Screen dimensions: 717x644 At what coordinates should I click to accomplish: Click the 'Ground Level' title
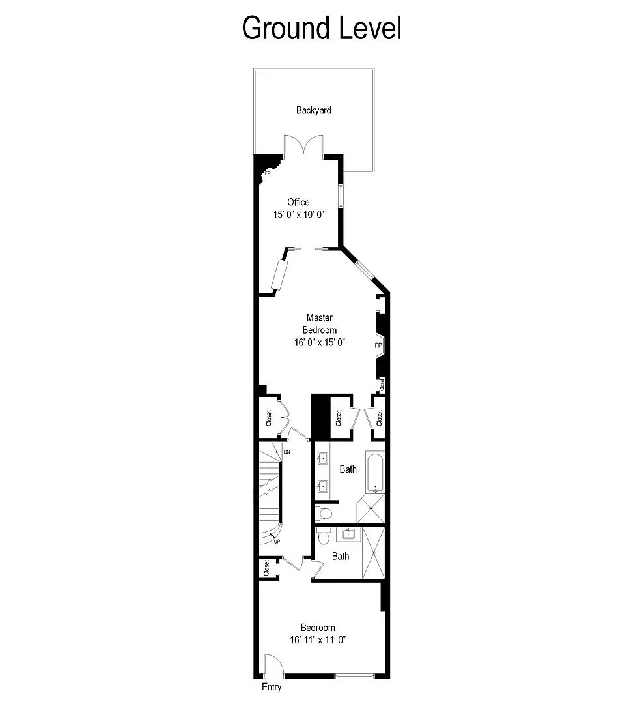tap(322, 28)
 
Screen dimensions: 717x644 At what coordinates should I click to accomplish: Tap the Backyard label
tap(314, 110)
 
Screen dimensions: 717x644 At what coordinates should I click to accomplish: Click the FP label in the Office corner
tap(267, 173)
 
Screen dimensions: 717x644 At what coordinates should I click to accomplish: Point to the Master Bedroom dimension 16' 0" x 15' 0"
tap(319, 342)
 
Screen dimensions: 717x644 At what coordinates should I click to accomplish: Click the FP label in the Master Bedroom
tap(378, 344)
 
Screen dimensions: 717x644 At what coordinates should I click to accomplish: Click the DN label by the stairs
tap(287, 451)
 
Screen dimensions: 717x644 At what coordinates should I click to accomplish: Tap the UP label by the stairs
tap(277, 542)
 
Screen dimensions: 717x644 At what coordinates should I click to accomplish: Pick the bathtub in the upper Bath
tap(375, 473)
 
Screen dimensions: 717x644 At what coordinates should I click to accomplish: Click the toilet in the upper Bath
tap(324, 513)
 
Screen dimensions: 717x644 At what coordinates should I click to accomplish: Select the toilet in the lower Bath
tap(324, 538)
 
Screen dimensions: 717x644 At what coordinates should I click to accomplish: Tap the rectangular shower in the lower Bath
tap(374, 551)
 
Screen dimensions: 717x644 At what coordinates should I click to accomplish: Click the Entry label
tap(272, 687)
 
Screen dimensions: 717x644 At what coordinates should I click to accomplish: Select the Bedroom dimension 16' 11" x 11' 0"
tap(318, 640)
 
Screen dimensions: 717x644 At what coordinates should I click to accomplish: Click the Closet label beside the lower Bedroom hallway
tap(266, 568)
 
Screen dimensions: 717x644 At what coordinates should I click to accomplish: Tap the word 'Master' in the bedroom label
tap(320, 317)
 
